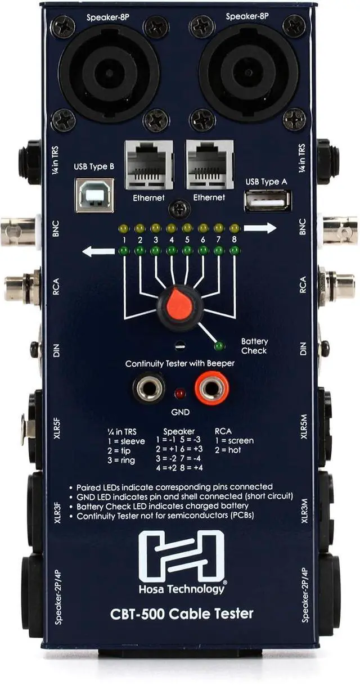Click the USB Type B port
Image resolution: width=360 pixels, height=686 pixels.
point(94,195)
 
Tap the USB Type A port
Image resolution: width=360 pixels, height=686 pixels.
point(267,200)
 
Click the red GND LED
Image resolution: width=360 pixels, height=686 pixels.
point(180,393)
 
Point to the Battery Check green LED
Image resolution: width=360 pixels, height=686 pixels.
point(219,346)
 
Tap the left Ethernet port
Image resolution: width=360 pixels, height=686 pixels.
point(149,164)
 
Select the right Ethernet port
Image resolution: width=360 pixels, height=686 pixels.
point(209,164)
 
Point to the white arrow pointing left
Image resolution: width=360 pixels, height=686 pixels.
point(98,251)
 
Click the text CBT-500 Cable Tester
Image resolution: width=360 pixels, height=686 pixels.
point(181,613)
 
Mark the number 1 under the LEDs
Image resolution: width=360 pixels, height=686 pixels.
point(124,240)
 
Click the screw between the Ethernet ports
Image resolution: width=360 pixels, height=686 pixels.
point(179,209)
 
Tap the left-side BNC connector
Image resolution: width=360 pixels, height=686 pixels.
point(18,231)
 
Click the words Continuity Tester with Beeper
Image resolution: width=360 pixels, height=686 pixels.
point(180,363)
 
